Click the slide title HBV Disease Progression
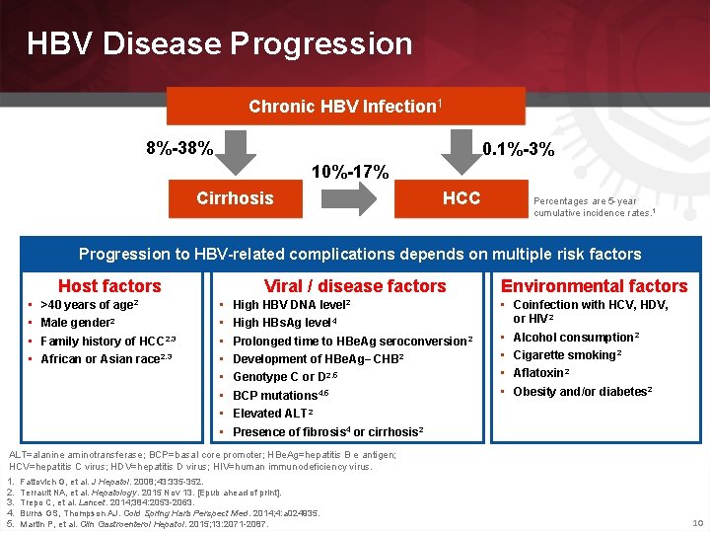pyautogui.click(x=219, y=43)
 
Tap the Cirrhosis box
pyautogui.click(x=235, y=198)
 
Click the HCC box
pyautogui.click(x=461, y=198)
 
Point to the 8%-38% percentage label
pyautogui.click(x=178, y=149)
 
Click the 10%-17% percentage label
pyautogui.click(x=350, y=171)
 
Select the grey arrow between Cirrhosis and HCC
pyautogui.click(x=349, y=198)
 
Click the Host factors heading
pyautogui.click(x=108, y=286)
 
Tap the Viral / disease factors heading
pyautogui.click(x=355, y=286)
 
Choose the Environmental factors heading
pyautogui.click(x=594, y=286)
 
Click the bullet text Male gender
pyautogui.click(x=78, y=323)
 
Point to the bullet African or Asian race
pyautogui.click(x=98, y=359)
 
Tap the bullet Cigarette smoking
pyautogui.click(x=567, y=355)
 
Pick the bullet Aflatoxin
pyautogui.click(x=541, y=373)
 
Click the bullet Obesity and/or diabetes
pyautogui.click(x=583, y=392)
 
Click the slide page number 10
pyautogui.click(x=697, y=522)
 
